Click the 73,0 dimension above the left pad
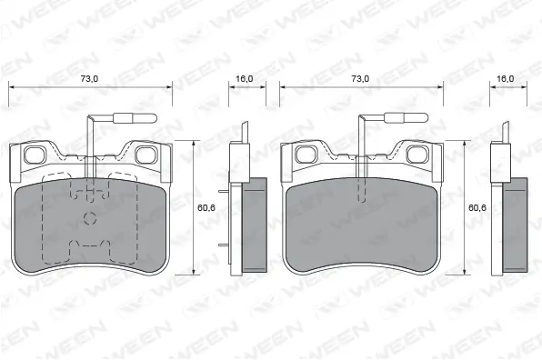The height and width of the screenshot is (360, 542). [89, 79]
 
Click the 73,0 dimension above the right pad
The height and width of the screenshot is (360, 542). [360, 79]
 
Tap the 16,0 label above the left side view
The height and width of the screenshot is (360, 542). [245, 79]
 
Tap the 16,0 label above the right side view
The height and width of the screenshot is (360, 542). [506, 79]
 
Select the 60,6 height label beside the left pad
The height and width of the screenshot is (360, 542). [206, 207]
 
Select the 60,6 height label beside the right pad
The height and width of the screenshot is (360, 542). [477, 207]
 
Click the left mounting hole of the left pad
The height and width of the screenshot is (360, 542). [34, 155]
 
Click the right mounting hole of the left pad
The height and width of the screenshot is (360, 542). [145, 155]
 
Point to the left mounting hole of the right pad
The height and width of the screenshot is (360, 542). [305, 155]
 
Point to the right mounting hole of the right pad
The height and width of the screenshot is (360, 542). [416, 155]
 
